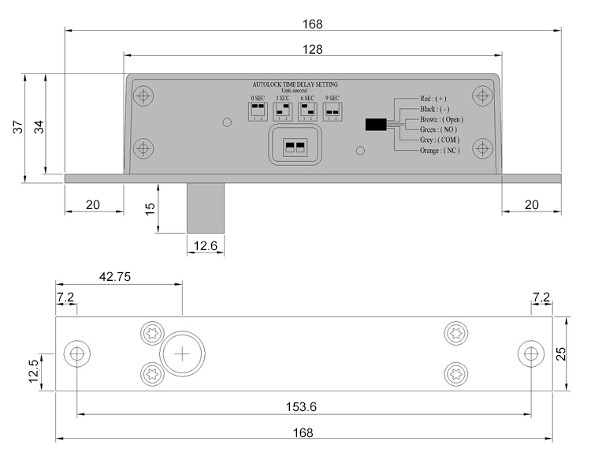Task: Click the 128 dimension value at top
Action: [x=313, y=49]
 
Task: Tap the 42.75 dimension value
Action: [x=115, y=276]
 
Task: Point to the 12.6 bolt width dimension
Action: [x=205, y=247]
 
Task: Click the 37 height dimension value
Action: [x=17, y=128]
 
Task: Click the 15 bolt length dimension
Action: [x=150, y=208]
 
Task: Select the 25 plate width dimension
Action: [x=560, y=354]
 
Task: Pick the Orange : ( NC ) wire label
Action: [x=440, y=150]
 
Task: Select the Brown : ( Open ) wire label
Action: [x=440, y=119]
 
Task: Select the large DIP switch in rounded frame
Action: [x=294, y=146]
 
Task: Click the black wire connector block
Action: [x=376, y=124]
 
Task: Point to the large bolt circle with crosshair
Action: [x=182, y=354]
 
